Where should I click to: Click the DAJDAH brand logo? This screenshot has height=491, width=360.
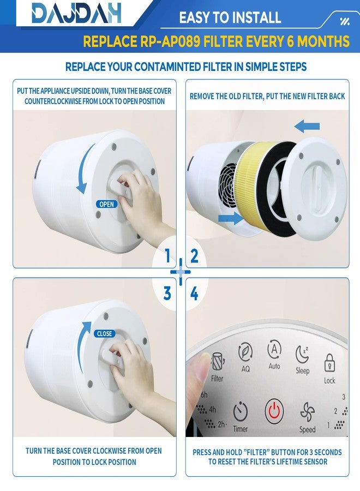pos(76,13)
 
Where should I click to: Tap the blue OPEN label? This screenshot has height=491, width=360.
pos(106,204)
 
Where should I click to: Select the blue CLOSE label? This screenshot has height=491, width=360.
pos(105,334)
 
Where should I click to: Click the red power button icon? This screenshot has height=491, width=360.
pos(274,410)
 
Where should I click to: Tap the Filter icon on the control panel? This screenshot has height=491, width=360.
pos(218,362)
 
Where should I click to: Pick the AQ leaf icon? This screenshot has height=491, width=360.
pos(245,351)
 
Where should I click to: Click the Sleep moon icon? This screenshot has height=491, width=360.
pos(302,355)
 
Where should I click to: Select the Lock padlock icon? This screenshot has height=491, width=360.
pos(329,363)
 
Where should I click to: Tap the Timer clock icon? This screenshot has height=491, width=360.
pos(241,412)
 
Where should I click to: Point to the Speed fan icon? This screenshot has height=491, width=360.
pos(308,412)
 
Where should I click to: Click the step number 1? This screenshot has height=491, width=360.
pos(167,255)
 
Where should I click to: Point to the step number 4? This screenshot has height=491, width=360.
pos(194,294)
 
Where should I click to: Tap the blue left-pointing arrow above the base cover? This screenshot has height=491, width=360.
pos(307,126)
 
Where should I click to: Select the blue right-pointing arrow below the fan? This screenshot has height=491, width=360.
pos(231,218)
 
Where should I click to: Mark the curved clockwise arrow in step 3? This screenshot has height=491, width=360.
pos(82,348)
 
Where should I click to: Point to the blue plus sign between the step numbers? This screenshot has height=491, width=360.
pos(181,272)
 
